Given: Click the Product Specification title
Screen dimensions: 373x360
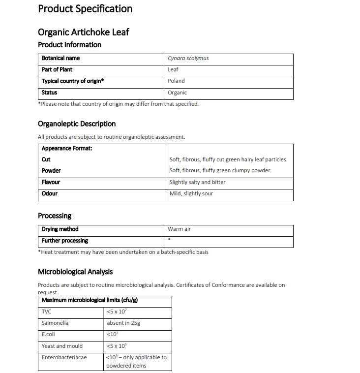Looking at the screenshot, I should click(x=85, y=9).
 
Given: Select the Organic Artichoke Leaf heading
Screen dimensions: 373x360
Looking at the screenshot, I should click(x=84, y=32).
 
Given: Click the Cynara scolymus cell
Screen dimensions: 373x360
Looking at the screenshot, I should click(x=188, y=58).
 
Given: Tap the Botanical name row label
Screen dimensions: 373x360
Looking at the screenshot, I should click(x=60, y=58).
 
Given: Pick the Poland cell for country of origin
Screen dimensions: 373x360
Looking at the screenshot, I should click(x=176, y=81).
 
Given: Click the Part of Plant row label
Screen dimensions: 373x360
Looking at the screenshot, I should click(x=57, y=69).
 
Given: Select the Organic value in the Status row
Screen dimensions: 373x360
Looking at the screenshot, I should click(x=177, y=93).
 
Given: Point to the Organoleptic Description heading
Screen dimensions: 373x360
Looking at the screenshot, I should click(x=77, y=124).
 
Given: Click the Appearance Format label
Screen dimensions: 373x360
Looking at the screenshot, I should click(x=67, y=148).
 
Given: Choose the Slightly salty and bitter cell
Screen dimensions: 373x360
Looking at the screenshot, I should click(x=198, y=182).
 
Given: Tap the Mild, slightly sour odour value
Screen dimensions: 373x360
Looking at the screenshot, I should click(x=191, y=193).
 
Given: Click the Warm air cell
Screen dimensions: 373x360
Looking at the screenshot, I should click(x=179, y=229).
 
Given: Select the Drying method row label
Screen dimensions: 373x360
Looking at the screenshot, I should click(x=60, y=229).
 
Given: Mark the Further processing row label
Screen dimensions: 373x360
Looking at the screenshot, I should click(x=65, y=241).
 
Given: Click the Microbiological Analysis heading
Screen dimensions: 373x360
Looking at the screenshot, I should click(x=75, y=272).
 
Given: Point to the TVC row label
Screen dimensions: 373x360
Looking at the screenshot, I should click(x=47, y=311).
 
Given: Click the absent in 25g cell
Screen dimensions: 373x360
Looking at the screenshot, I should click(x=124, y=323).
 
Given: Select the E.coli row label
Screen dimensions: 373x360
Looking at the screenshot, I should click(x=48, y=334).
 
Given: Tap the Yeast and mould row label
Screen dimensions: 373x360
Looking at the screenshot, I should click(x=62, y=346).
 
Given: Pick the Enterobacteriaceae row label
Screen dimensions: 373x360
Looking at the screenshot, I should click(x=64, y=357).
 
